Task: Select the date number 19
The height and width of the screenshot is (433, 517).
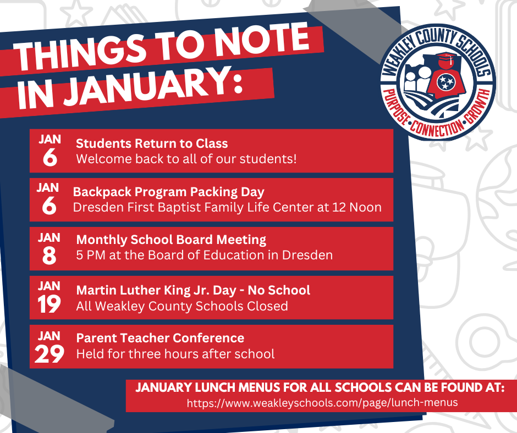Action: [x=50, y=305]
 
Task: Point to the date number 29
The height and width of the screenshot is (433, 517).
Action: [x=50, y=354]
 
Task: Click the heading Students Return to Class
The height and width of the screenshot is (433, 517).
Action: [x=152, y=143]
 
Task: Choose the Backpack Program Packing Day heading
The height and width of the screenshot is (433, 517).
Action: [x=168, y=192]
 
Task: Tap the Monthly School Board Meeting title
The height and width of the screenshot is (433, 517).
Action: [x=171, y=240]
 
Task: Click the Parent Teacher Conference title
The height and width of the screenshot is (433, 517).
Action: [x=160, y=337]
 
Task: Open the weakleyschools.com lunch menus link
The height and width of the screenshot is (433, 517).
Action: [x=322, y=403]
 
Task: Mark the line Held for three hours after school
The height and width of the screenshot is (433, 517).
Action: [x=175, y=353]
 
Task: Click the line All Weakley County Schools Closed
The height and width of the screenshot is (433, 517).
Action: [x=182, y=306]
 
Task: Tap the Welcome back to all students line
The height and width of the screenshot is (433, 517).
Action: [x=186, y=159]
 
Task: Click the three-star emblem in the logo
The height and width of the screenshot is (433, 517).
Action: [x=444, y=82]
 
